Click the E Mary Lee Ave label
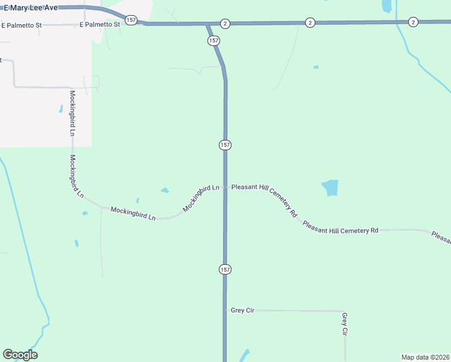tap(31, 8)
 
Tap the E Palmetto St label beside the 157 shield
tap(99, 25)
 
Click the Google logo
tap(20, 355)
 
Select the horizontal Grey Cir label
tap(242, 310)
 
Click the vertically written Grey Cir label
tap(345, 324)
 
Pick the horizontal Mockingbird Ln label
tap(133, 213)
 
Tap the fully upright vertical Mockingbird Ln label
tap(72, 113)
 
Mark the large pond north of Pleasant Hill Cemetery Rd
tap(330, 188)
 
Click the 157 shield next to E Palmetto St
tap(131, 20)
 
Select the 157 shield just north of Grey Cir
tap(224, 268)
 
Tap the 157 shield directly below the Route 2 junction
tap(214, 40)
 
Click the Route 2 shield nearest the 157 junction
tap(224, 23)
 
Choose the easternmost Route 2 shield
tap(413, 22)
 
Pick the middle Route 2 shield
tap(310, 22)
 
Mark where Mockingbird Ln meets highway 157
tap(225, 187)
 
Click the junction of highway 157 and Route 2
tap(208, 24)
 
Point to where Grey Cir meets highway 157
tap(225, 310)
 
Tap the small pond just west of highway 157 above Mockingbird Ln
tap(165, 191)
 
